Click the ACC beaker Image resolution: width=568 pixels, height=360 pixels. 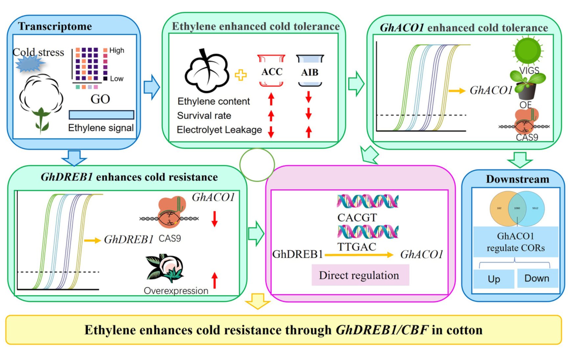coord(271,71)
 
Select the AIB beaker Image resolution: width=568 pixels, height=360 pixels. coord(310,71)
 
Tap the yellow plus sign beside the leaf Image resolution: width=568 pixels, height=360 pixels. coord(241,75)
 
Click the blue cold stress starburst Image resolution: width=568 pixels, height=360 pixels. coord(30,64)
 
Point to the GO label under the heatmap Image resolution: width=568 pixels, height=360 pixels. coord(100,99)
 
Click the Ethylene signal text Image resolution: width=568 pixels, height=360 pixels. coord(101,128)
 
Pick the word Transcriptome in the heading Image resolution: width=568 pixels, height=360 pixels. coord(55,26)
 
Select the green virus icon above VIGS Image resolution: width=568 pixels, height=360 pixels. coord(528,51)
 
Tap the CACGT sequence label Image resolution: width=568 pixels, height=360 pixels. coord(357,217)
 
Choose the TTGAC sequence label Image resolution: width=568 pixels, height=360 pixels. coord(357,247)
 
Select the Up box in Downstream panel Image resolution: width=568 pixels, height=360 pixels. coord(494,279)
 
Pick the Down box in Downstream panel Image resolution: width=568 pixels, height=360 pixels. coord(537,278)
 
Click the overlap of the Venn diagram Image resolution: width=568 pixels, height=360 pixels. coord(517,208)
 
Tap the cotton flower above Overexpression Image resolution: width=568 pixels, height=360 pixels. coord(166,268)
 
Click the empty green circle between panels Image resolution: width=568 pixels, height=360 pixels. coord(257,165)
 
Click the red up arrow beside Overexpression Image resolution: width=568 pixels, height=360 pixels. coord(215,280)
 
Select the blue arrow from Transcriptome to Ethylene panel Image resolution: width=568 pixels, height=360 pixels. coord(152,87)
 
